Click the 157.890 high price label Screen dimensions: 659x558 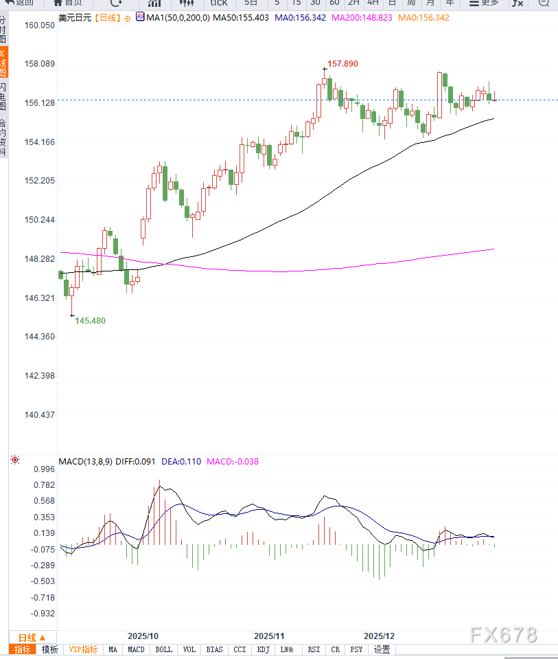click(x=342, y=63)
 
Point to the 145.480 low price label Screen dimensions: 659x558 click(x=90, y=320)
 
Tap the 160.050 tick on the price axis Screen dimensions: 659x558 click(x=39, y=25)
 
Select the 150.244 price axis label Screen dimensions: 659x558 click(x=39, y=220)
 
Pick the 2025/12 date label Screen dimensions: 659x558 click(x=379, y=636)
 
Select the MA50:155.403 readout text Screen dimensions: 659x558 click(x=243, y=17)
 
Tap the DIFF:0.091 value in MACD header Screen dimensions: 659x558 click(x=137, y=461)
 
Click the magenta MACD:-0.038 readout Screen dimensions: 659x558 click(x=233, y=461)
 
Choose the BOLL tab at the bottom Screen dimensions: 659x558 click(x=163, y=649)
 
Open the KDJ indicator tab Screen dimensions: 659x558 click(x=263, y=649)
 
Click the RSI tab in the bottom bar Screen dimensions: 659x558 click(x=314, y=649)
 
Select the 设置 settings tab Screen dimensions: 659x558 click(x=382, y=649)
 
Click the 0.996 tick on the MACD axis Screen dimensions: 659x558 click(x=43, y=469)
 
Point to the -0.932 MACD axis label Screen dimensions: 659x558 click(x=42, y=613)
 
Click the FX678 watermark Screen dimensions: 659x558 click(x=504, y=635)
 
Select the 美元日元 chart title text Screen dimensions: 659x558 click(x=74, y=17)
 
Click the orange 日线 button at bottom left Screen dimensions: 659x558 click(x=32, y=637)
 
